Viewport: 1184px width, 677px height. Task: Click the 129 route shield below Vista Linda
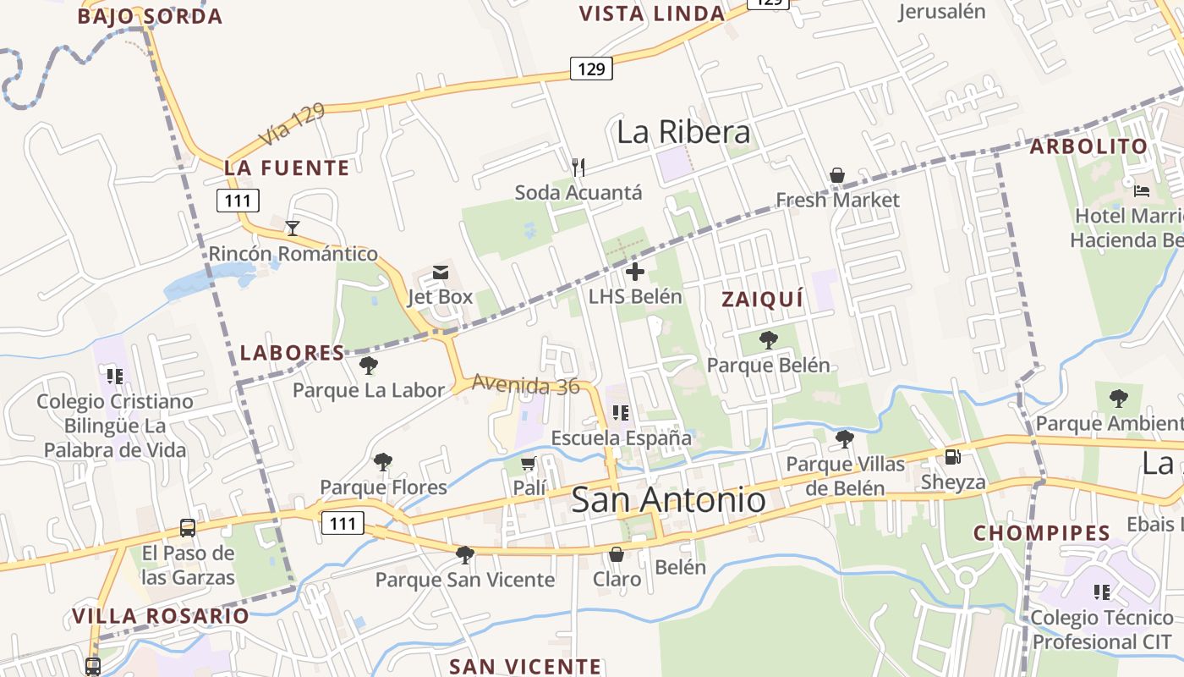coord(591,69)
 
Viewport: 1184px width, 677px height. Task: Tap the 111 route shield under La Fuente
coord(238,201)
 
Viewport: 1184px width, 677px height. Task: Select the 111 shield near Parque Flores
coord(343,523)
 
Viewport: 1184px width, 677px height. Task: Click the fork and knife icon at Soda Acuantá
coord(578,167)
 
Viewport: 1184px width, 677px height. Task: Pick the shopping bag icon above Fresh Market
coord(836,175)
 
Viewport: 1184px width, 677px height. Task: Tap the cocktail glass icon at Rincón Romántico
coord(293,228)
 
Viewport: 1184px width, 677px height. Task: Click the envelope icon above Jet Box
coord(441,272)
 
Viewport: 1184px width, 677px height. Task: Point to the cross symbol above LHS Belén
coord(635,272)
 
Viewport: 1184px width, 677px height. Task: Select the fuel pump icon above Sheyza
coord(952,457)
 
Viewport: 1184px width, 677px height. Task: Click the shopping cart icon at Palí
coord(529,463)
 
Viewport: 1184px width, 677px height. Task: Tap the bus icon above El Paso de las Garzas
coord(188,528)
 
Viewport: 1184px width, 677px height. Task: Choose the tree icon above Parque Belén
coord(768,340)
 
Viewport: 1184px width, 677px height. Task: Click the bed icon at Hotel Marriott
coord(1142,190)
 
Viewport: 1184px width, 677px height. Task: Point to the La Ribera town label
coord(683,132)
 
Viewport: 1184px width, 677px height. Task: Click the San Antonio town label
coord(669,499)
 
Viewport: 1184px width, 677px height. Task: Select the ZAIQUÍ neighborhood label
coord(763,299)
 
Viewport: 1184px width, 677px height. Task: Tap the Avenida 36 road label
coord(525,385)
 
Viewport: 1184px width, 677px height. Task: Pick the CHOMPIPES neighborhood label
coord(1042,533)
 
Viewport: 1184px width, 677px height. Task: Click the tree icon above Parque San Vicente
coord(464,554)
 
